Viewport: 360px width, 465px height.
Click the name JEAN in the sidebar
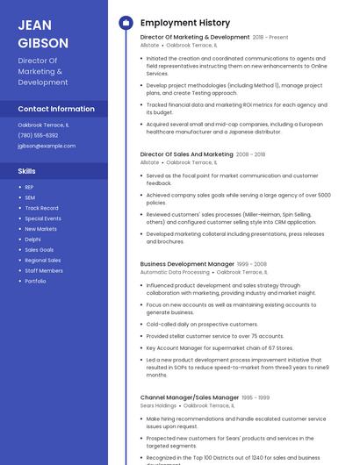point(34,25)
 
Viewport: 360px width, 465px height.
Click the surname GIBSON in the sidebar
point(43,43)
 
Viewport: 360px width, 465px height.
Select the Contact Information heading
point(56,109)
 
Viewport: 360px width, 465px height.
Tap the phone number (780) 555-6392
point(38,135)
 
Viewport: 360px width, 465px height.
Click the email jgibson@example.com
point(47,146)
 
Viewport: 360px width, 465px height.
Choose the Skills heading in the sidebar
point(27,171)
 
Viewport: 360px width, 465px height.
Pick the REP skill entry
point(29,187)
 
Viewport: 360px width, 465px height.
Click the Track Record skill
point(41,208)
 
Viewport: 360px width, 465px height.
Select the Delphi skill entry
point(32,239)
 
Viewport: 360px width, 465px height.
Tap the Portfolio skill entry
point(35,281)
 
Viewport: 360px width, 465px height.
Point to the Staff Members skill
point(43,270)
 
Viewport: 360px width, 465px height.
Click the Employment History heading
point(185,23)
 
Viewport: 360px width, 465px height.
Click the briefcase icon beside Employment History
point(126,23)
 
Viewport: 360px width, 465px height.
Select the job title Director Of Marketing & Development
point(195,38)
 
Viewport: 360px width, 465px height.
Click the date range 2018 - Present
point(270,38)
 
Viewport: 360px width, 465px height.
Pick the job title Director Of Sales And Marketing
point(187,154)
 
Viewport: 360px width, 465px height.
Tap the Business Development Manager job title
point(187,264)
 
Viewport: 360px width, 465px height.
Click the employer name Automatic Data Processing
point(175,272)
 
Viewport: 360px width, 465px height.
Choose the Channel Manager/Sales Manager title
point(190,397)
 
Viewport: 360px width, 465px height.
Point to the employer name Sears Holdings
point(158,405)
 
